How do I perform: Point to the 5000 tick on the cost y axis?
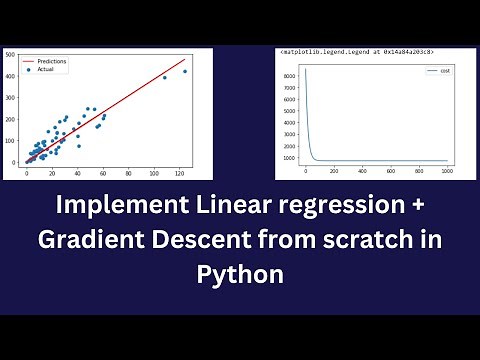click(x=287, y=111)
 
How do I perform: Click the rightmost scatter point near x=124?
click(x=185, y=72)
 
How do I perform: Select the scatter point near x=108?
click(x=164, y=77)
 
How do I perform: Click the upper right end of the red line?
click(x=186, y=59)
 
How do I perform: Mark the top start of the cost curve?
click(x=305, y=68)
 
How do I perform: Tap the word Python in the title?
click(x=239, y=273)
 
